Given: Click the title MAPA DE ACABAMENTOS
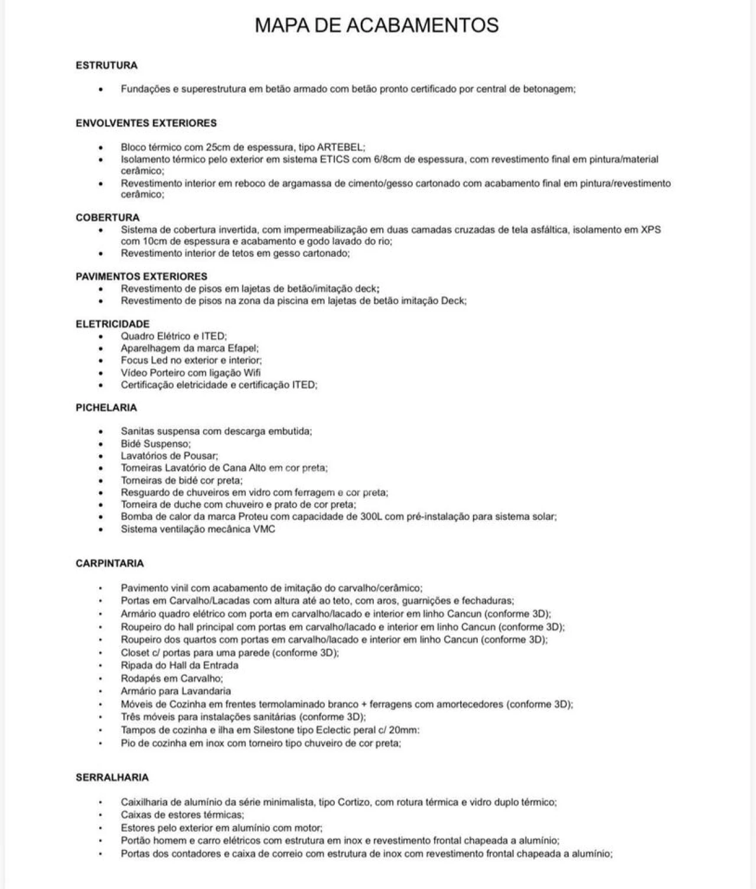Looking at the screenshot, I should pos(377,25).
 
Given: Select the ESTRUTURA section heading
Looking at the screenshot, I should pos(106,66).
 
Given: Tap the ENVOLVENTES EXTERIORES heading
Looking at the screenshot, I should pos(146,123).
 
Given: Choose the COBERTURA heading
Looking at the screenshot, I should pos(107,217).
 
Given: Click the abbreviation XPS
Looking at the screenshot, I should pos(650,230).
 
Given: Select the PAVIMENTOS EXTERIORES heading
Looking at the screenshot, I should pos(141,276).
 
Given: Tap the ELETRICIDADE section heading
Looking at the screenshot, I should pos(112,324).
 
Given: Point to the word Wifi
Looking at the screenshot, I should pos(252,372).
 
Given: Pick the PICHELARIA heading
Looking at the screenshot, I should pos(106,407).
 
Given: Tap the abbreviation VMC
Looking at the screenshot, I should pos(264,529).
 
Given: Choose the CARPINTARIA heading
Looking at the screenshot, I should pos(109,563).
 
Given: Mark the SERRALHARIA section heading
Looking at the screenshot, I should pos(112,777).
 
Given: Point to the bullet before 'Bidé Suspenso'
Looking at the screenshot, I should pos(101,444).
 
